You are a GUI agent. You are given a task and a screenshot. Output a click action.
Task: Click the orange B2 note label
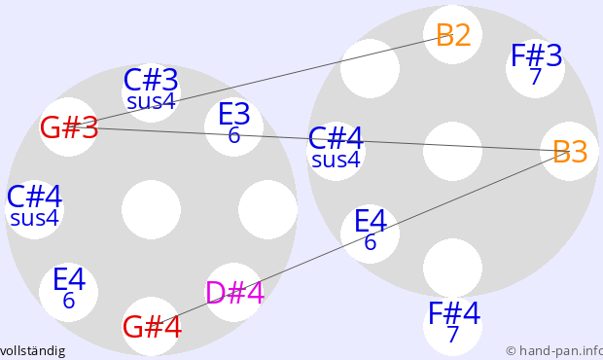tap(453, 35)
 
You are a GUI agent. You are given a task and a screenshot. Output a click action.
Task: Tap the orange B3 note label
tap(570, 152)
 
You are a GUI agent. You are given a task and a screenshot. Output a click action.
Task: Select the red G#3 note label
tap(69, 127)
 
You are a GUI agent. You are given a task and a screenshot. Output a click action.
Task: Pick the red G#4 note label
tap(152, 327)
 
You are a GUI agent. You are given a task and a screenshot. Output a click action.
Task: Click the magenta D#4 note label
tap(234, 293)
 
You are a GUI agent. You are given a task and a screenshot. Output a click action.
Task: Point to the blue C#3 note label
tap(151, 81)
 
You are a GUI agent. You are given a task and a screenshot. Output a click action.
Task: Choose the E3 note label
tap(233, 114)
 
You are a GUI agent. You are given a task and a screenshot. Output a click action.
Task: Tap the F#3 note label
tap(537, 55)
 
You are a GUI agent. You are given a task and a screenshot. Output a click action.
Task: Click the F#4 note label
tap(454, 313)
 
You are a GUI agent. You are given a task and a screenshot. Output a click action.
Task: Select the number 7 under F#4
tap(453, 335)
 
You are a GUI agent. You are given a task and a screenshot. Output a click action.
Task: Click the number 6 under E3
tap(233, 135)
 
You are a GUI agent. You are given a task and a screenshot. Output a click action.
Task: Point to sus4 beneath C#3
tap(151, 101)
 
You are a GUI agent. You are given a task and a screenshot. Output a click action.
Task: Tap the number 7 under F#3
tap(536, 77)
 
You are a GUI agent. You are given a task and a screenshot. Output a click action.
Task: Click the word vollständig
tap(33, 351)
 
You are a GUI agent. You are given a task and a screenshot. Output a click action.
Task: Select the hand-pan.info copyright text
tap(554, 351)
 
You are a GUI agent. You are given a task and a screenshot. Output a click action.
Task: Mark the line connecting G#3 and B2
tap(261, 81)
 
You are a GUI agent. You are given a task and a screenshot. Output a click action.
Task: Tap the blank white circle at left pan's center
tap(151, 209)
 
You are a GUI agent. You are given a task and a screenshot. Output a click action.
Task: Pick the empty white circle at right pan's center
tap(452, 151)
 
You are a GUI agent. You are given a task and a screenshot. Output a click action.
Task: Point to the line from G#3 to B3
tap(320, 139)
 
